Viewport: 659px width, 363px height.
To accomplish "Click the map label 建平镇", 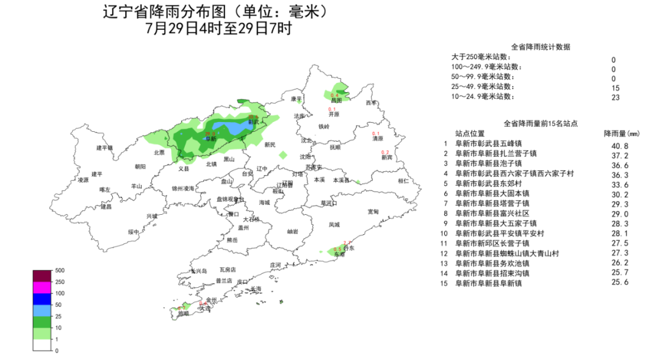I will point(105,148).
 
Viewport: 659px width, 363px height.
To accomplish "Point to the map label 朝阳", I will point(140,167).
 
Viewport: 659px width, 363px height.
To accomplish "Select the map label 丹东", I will point(349,248).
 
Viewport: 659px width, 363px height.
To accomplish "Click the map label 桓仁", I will point(403,181).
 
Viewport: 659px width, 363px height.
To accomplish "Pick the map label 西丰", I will point(371,103).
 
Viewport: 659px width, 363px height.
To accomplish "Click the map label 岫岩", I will point(293,232).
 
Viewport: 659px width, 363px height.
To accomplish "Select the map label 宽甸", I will point(373,212).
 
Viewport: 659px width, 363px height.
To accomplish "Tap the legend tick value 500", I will point(60,270).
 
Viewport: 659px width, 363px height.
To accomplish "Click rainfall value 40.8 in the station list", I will point(619,145).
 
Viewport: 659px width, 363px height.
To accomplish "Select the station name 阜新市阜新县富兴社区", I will point(492,214).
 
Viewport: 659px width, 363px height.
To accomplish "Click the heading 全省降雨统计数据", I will point(541,47).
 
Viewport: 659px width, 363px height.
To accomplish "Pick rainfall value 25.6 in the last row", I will point(619,282).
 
